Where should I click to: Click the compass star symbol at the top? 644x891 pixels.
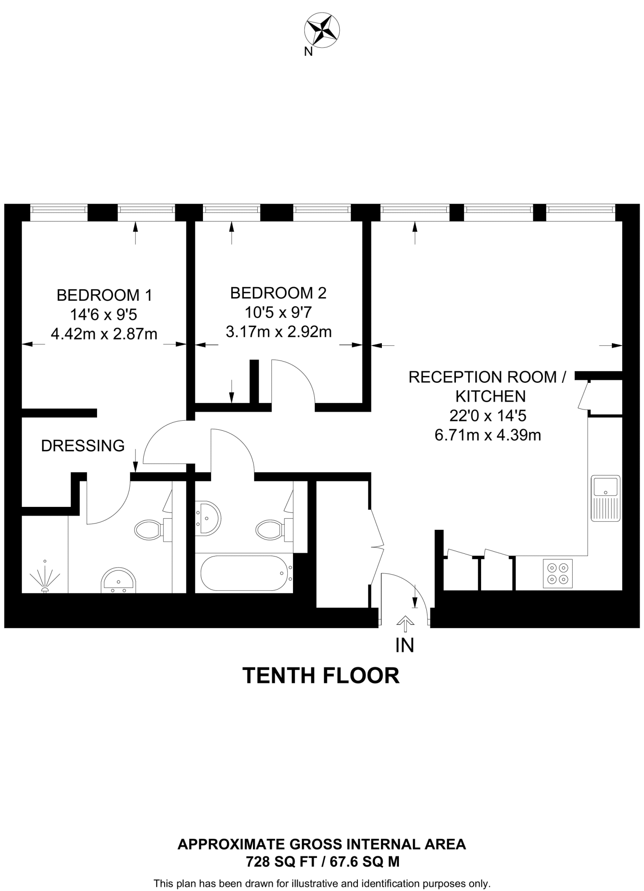[321, 30]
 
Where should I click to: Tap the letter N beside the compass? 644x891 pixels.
[308, 52]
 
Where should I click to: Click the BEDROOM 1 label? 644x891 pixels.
[105, 295]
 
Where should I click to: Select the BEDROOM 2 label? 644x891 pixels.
[278, 293]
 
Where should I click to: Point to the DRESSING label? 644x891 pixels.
[83, 446]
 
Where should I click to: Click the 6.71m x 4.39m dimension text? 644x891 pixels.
[488, 435]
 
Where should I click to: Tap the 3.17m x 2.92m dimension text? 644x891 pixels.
[278, 332]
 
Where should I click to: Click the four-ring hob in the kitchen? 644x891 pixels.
[558, 573]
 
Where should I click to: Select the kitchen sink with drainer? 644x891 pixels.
[605, 498]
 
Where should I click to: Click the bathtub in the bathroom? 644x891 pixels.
[244, 573]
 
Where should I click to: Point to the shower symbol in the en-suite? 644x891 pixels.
[44, 577]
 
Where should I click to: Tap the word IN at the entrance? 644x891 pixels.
[405, 646]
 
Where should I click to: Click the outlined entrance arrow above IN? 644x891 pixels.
[405, 623]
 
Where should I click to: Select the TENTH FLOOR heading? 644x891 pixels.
[321, 676]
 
